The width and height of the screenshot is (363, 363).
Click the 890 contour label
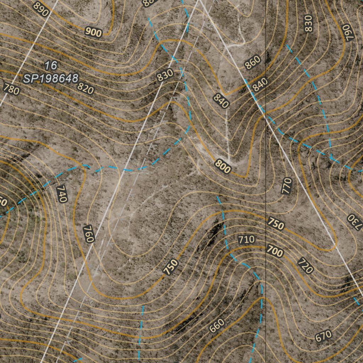point(40,9)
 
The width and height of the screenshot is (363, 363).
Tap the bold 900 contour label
point(94,32)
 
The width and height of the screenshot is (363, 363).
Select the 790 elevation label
point(348,32)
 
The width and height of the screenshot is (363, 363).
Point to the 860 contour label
point(252,62)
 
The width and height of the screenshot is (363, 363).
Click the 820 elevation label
point(85,88)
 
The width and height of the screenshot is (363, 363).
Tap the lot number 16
point(51,65)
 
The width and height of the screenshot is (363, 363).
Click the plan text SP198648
point(50,78)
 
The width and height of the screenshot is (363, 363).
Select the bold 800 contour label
point(223,167)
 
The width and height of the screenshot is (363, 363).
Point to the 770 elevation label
point(286,186)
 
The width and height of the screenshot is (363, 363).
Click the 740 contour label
point(61,194)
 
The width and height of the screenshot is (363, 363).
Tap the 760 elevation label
point(89,234)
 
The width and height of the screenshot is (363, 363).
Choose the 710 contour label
point(246,240)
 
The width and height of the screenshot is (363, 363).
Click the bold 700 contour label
point(275,252)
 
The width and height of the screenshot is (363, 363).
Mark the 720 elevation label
point(305,266)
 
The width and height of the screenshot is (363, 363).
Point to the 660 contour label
point(217,325)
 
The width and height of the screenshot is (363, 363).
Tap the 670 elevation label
point(323,335)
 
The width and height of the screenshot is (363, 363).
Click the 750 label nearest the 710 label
point(276,224)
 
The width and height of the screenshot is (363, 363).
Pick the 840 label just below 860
point(260,85)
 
